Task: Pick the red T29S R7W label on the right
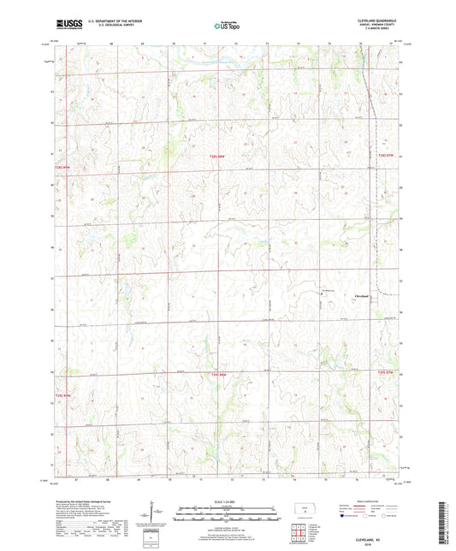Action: click(x=388, y=371)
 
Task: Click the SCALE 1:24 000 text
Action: click(x=228, y=501)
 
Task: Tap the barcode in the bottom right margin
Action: click(x=442, y=522)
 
